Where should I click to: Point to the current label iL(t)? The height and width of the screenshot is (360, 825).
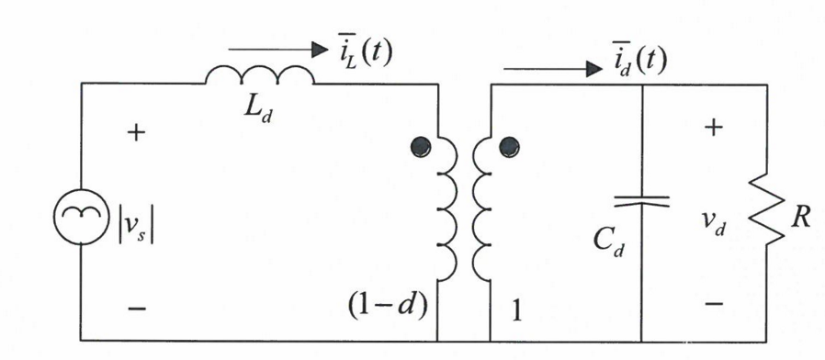tap(361, 52)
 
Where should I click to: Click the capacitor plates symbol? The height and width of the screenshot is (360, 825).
tap(640, 200)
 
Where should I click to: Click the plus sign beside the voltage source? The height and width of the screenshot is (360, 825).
tap(135, 133)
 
